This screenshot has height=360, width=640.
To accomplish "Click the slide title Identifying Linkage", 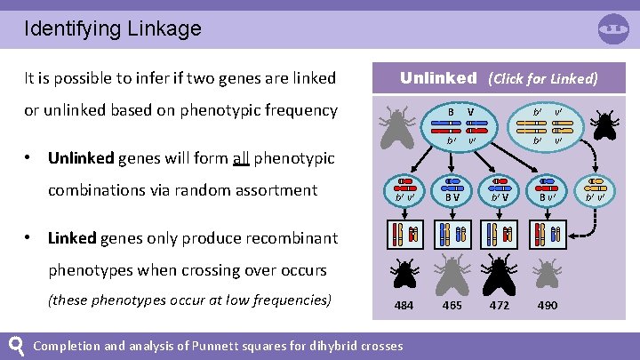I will pyautogui.click(x=113, y=28).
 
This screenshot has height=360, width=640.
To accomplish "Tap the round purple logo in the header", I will pyautogui.click(x=612, y=29).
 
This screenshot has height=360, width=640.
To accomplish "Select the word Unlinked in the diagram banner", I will pyautogui.click(x=438, y=77).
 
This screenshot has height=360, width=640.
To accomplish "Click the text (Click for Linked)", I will pyautogui.click(x=542, y=78).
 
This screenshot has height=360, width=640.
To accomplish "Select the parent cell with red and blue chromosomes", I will pyautogui.click(x=459, y=126).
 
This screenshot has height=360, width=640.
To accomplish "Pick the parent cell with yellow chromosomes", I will pyautogui.click(x=546, y=126).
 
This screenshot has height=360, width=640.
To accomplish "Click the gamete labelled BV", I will pyautogui.click(x=452, y=190).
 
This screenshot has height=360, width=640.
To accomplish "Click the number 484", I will pyautogui.click(x=404, y=306).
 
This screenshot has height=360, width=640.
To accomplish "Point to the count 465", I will pyautogui.click(x=452, y=306).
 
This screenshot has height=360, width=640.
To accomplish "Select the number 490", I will pyautogui.click(x=548, y=306).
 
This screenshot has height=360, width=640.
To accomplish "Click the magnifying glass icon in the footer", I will pyautogui.click(x=15, y=344).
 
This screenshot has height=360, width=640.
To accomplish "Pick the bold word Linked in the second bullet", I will pyautogui.click(x=71, y=238).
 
